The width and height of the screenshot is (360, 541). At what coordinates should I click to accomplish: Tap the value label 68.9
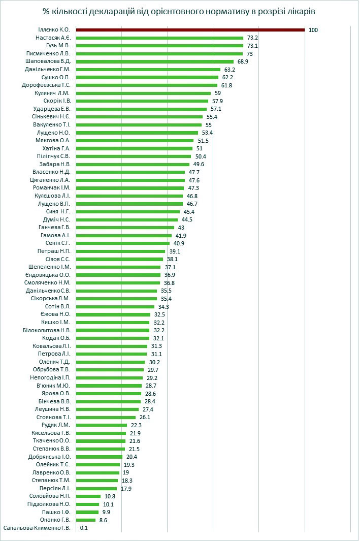243,61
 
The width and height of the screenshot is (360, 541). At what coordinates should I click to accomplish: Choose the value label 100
313,30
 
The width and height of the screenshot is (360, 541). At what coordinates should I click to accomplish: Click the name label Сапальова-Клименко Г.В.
37,528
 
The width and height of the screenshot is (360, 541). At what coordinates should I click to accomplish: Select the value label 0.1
84,528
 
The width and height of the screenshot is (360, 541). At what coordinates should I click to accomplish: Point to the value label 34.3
163,307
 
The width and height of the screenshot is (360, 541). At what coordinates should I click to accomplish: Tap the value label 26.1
145,417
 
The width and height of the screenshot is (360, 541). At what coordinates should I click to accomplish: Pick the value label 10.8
110,496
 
